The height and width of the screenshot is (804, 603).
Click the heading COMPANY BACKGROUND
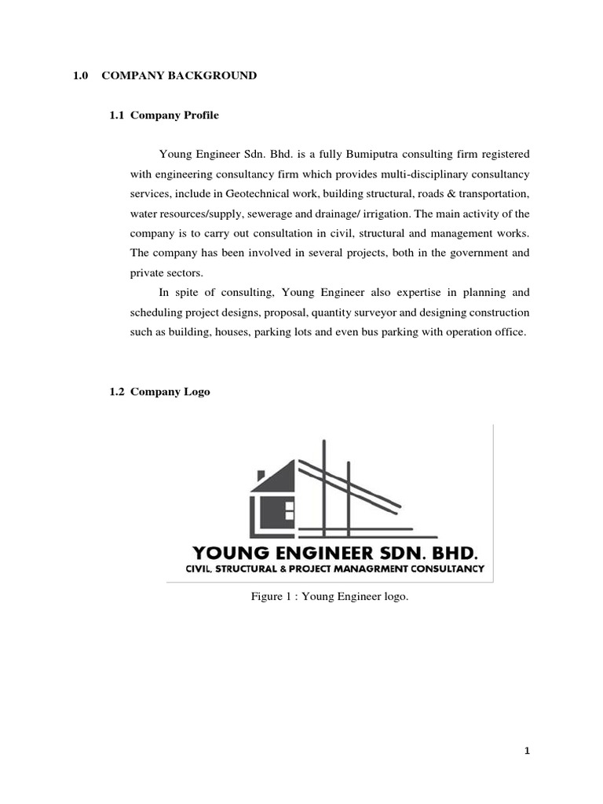tap(178, 75)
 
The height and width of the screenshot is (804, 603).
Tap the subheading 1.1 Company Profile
tap(164, 115)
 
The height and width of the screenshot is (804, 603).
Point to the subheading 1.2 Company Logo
tap(159, 391)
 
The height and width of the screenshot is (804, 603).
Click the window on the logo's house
tap(289, 510)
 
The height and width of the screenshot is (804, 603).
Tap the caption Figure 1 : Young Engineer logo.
tap(330, 598)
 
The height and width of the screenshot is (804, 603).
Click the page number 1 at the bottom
tap(528, 751)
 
